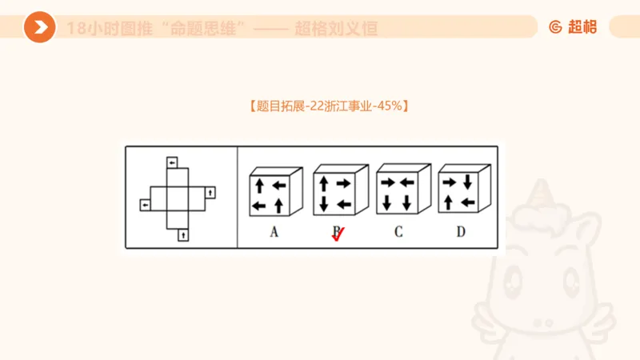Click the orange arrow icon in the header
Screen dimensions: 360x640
[x=39, y=27]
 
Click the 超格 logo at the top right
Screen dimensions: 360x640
[x=574, y=27]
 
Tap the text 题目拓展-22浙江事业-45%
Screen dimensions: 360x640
[x=330, y=106]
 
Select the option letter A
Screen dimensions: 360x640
[x=274, y=232]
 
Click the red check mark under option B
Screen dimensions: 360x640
[x=338, y=234]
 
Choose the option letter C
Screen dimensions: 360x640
[x=398, y=232]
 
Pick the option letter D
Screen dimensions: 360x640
[x=461, y=232]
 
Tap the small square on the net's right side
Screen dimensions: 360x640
[x=210, y=191]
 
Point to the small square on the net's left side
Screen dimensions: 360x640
[x=145, y=206]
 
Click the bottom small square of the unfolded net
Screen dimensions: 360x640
[x=183, y=234]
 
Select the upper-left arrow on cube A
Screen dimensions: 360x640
[x=259, y=186]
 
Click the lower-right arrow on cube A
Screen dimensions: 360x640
[x=279, y=206]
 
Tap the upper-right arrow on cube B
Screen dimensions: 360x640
[x=343, y=183]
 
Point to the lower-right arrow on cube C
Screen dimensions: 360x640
[x=406, y=203]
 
